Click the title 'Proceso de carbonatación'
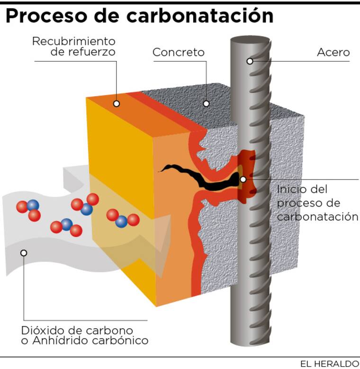pyautogui.click(x=139, y=16)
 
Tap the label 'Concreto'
pyautogui.click(x=178, y=52)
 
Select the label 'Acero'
pyautogui.click(x=333, y=52)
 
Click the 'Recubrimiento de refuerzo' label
pyautogui.click(x=74, y=46)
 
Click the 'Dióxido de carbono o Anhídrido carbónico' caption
pyautogui.click(x=85, y=335)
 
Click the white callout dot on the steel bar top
pyautogui.click(x=250, y=61)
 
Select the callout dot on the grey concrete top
pyautogui.click(x=206, y=103)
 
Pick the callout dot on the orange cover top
pyautogui.click(x=117, y=103)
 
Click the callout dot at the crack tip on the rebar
pyautogui.click(x=243, y=179)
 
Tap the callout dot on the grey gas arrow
pyautogui.click(x=24, y=252)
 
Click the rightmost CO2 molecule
pyautogui.click(x=122, y=219)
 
